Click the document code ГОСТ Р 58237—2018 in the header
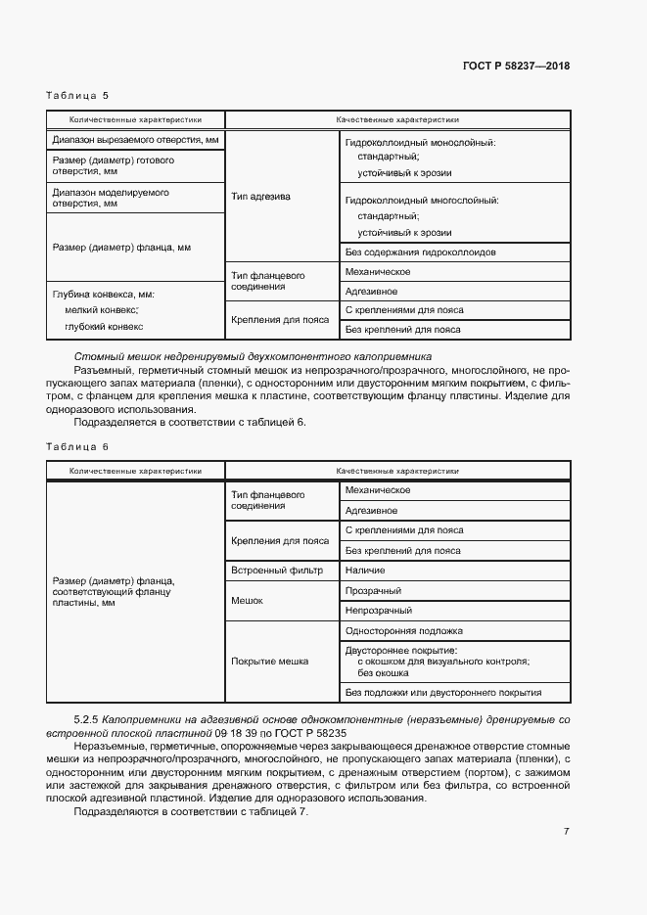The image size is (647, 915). point(515,67)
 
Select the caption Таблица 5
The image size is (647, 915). point(77,96)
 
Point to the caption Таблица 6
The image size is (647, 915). point(77,446)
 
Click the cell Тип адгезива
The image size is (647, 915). point(260,197)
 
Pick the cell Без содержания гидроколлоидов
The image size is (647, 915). point(421,252)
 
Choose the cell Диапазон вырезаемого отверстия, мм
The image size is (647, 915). point(136,141)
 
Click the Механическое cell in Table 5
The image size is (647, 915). point(378,272)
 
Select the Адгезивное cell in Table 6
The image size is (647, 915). point(371,511)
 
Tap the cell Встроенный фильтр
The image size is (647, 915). point(277,570)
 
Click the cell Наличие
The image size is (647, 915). point(365,570)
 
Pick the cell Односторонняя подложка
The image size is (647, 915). point(404,631)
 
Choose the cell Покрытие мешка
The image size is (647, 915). point(269,662)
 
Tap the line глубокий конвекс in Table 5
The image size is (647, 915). point(103,326)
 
